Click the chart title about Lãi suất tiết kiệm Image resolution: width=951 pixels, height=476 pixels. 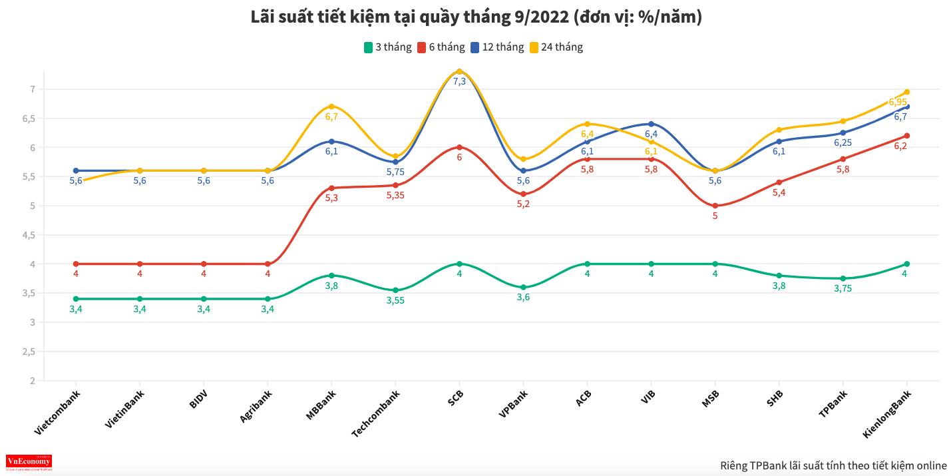pos(475,17)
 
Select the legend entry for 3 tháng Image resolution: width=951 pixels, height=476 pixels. pos(386,47)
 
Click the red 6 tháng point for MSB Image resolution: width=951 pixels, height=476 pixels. pos(715,206)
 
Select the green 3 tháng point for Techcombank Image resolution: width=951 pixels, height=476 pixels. pos(395,290)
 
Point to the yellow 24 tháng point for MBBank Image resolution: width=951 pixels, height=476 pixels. pos(331,107)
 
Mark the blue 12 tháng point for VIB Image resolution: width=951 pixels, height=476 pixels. pos(651,124)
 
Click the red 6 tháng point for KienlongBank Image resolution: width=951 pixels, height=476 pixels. pos(906,136)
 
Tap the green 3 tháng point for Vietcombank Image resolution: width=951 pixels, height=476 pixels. pos(76,299)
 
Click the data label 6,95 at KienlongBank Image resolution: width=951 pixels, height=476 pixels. pos(898,103)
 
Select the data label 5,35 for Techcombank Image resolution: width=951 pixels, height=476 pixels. pos(395,196)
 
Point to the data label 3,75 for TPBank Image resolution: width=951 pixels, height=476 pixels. pos(843,289)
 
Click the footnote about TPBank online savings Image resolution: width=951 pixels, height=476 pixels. pos(833,465)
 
